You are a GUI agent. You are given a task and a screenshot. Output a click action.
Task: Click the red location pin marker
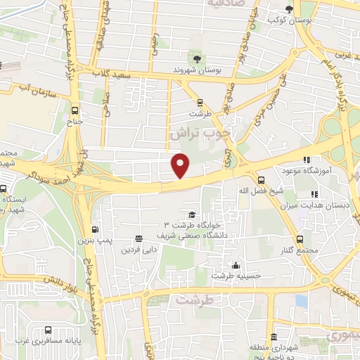[181, 165]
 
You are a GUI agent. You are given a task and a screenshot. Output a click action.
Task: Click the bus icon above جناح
[75, 110]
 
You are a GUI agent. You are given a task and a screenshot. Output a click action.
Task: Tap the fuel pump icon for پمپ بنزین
[95, 229]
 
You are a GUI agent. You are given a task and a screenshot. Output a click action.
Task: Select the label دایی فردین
[139, 249]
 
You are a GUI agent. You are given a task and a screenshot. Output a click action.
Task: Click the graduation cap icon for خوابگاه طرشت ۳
[191, 214]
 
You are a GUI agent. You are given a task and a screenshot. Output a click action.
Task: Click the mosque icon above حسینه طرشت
[236, 265]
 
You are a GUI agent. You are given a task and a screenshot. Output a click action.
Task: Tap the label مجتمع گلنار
[303, 250]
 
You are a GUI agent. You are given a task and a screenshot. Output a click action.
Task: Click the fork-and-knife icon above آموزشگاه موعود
[306, 159]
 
